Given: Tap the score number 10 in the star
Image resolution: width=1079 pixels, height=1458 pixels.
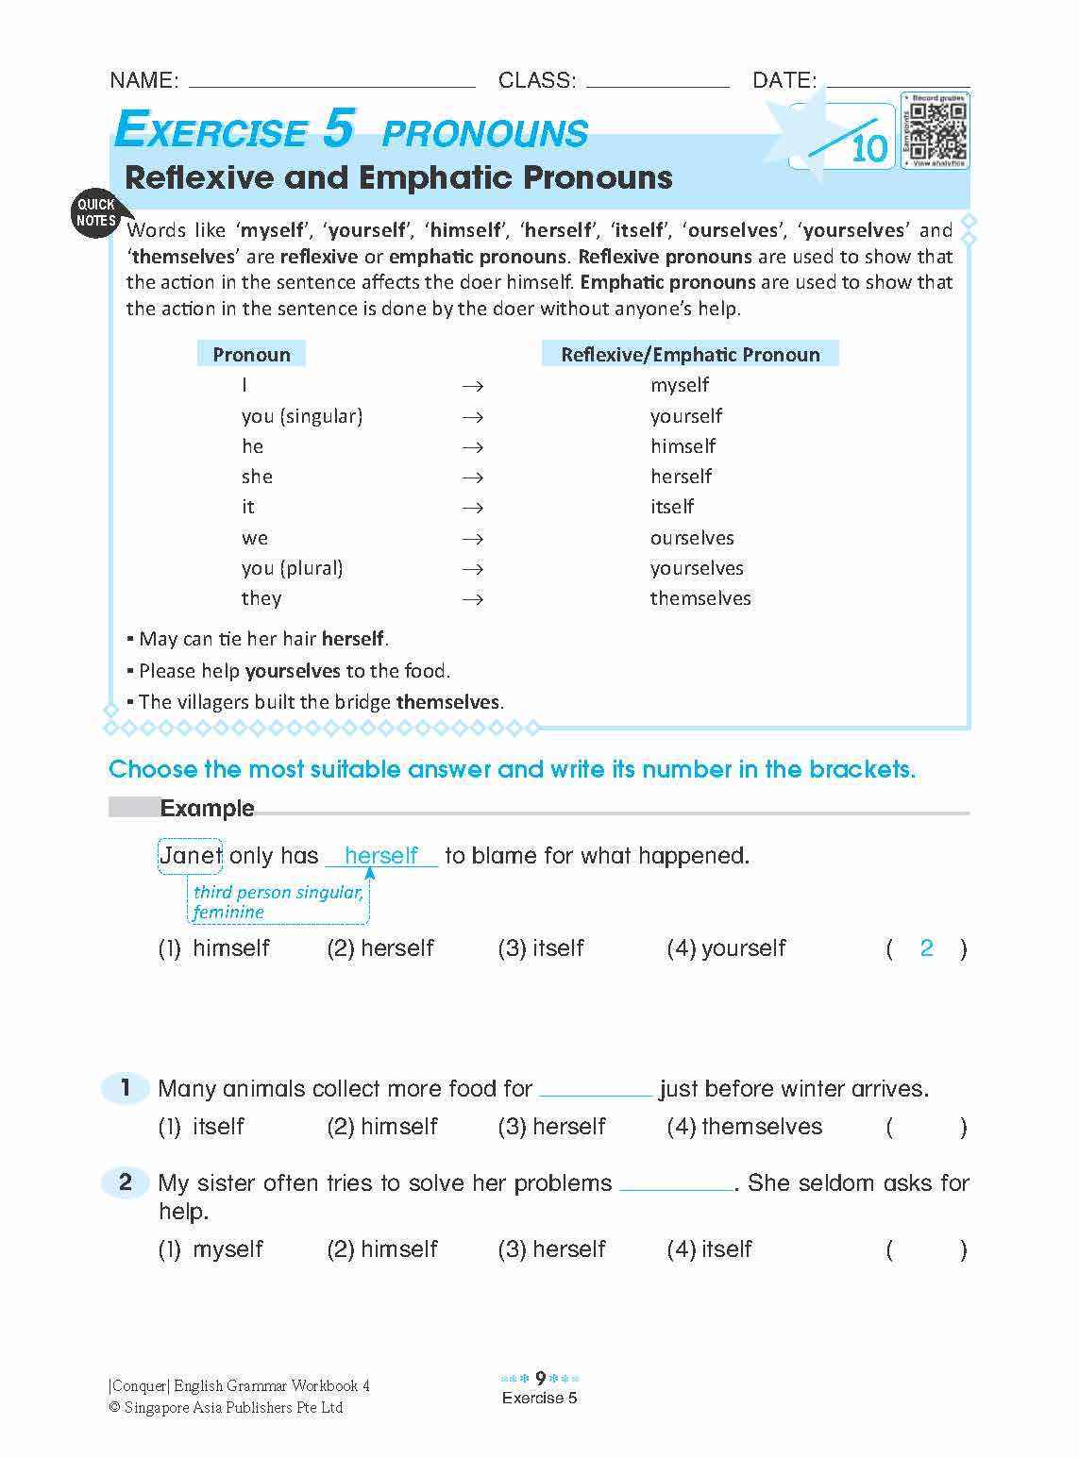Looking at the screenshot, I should [869, 149].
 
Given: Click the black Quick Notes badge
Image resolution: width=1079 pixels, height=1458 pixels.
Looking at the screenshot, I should [95, 212].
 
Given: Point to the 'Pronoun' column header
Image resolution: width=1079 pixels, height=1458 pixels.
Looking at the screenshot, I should [251, 355].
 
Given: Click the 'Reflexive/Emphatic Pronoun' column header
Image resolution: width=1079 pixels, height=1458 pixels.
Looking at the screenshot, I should [690, 355].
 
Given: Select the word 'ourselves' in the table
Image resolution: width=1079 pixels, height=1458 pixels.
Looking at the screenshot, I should [692, 538].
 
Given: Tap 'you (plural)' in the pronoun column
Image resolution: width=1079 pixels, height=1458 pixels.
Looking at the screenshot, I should [293, 568].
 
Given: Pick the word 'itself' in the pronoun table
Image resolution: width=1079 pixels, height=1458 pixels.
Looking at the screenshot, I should [672, 507].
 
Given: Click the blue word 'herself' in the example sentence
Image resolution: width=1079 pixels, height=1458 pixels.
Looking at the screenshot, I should [381, 856].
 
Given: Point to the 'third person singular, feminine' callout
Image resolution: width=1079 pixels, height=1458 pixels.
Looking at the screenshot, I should [278, 902].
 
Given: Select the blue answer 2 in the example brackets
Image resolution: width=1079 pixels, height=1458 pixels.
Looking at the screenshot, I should [926, 948].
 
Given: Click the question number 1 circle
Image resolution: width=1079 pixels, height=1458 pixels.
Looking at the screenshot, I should [125, 1088].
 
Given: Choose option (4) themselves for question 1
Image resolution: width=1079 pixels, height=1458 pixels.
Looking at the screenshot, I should [745, 1127].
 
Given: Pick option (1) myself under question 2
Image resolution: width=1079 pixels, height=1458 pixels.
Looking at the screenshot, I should [211, 1249].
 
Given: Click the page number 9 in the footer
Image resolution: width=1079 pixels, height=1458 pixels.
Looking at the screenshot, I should [540, 1379].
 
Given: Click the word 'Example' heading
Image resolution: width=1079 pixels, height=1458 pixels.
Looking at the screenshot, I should [207, 809].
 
